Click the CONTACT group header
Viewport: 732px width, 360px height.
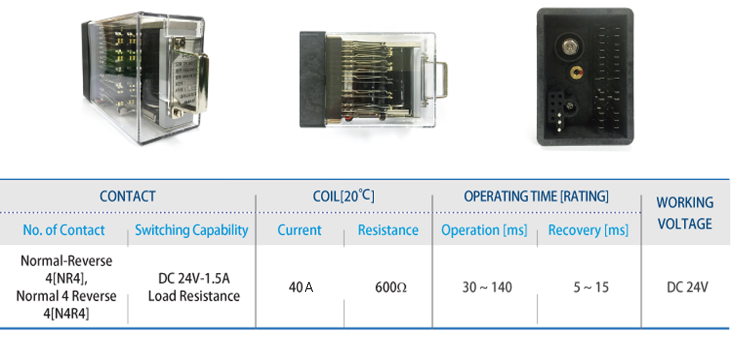pyautogui.click(x=128, y=196)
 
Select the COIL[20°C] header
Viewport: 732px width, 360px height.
pyautogui.click(x=343, y=196)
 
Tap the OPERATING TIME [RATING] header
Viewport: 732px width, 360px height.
pyautogui.click(x=536, y=196)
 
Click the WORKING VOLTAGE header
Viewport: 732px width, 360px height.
pyautogui.click(x=685, y=213)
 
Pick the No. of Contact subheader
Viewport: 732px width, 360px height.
pyautogui.click(x=64, y=230)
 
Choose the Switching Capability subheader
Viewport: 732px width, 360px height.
pyautogui.click(x=191, y=230)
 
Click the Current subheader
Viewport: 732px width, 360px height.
pyautogui.click(x=299, y=230)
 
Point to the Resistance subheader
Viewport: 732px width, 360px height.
pyautogui.click(x=388, y=230)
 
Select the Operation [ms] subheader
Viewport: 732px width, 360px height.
pyautogui.click(x=484, y=230)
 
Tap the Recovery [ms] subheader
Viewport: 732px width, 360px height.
pyautogui.click(x=588, y=230)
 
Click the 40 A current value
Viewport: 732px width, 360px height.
pyautogui.click(x=301, y=287)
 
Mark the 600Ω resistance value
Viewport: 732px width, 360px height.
pyautogui.click(x=391, y=287)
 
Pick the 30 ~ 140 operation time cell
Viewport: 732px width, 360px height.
pyautogui.click(x=487, y=287)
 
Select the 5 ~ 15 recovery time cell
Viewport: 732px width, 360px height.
pyautogui.click(x=591, y=287)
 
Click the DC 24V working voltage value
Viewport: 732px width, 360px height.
pyautogui.click(x=687, y=287)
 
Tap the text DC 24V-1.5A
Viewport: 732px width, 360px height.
pyautogui.click(x=194, y=278)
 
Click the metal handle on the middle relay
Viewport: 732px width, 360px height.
pyautogui.click(x=440, y=80)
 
